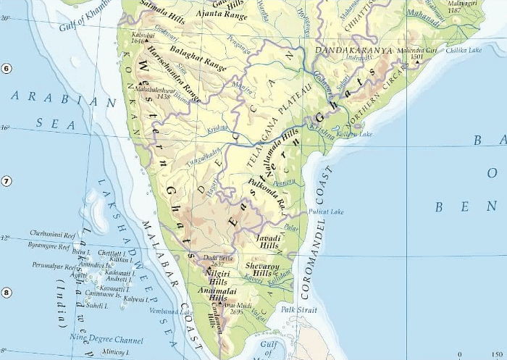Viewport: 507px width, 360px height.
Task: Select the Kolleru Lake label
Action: point(354,134)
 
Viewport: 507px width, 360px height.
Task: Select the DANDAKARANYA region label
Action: point(354,51)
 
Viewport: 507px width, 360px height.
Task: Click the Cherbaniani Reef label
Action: point(53,235)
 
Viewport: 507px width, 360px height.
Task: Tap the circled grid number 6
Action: point(6,69)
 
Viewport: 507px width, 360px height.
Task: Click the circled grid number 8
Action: point(6,293)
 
